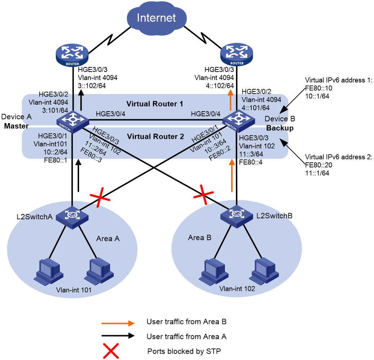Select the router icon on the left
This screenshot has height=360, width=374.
click(x=72, y=55)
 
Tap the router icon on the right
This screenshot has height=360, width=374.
click(x=236, y=55)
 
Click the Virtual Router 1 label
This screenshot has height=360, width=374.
click(x=155, y=104)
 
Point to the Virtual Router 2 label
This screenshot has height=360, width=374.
click(x=155, y=137)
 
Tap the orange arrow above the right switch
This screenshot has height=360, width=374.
click(x=230, y=100)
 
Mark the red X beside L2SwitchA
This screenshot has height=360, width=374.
click(x=100, y=197)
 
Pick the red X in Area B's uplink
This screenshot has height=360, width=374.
click(x=204, y=195)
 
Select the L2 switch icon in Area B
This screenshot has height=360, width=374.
click(x=237, y=216)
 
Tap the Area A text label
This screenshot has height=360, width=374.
click(x=108, y=239)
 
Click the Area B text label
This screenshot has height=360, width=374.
click(x=200, y=238)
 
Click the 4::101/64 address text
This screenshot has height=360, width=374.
click(x=256, y=108)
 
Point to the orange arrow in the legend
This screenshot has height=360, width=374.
click(x=118, y=323)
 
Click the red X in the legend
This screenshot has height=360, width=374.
click(x=111, y=351)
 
